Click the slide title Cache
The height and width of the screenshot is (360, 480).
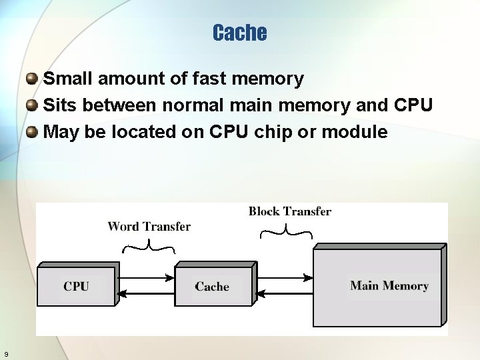[x=240, y=33]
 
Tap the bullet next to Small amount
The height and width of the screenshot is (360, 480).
[x=32, y=79]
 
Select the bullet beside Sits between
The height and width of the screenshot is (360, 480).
[x=32, y=105]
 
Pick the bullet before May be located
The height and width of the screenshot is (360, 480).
[x=32, y=132]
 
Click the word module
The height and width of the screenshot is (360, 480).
[x=354, y=132]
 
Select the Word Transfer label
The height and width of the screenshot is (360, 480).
[x=149, y=227]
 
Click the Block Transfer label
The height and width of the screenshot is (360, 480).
[x=290, y=211]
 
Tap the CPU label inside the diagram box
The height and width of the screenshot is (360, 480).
[x=76, y=286]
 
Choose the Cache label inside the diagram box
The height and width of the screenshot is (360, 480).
[x=212, y=287]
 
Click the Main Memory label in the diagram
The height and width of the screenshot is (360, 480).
[x=389, y=286]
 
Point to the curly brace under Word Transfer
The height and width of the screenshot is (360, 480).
[x=149, y=248]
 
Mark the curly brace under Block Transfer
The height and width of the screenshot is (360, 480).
[x=286, y=232]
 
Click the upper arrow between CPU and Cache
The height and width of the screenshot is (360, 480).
[x=145, y=277]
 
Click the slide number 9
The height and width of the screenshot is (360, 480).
[x=6, y=353]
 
